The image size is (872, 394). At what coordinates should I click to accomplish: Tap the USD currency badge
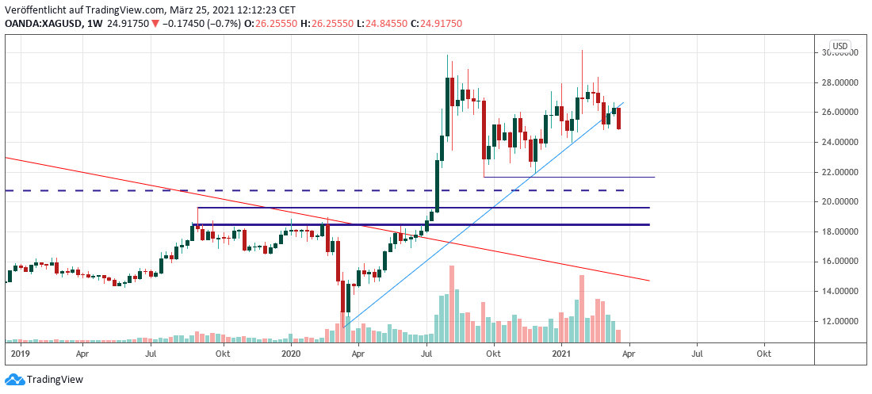840,45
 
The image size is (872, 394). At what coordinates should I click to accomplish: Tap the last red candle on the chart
618,118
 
